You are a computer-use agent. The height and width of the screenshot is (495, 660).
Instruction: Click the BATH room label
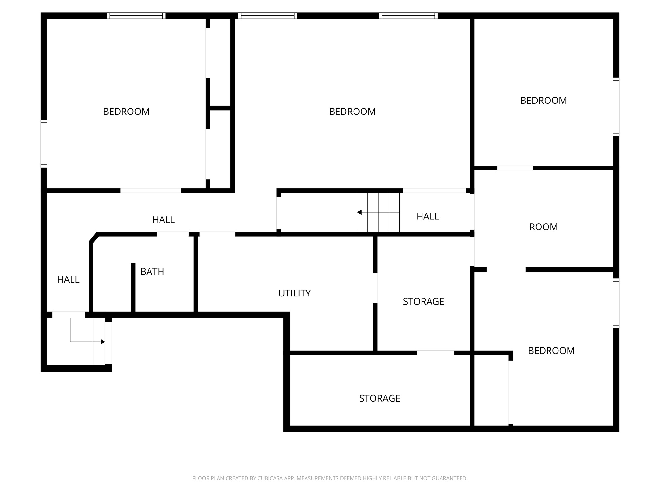tap(152, 272)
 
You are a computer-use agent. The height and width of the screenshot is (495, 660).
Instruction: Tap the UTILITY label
tap(295, 293)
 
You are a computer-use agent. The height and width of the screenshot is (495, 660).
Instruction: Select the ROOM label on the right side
tap(543, 227)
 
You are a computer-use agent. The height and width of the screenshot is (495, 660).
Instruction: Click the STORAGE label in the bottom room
tap(380, 398)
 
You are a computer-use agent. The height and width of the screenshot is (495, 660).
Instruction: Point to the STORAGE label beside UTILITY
tap(423, 301)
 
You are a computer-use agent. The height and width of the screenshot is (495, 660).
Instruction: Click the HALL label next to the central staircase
tap(428, 216)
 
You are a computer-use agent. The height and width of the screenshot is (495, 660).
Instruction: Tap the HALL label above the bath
tap(163, 220)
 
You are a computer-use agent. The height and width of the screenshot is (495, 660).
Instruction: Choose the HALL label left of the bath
tap(68, 279)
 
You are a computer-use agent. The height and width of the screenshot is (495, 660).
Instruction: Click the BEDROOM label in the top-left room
tap(126, 112)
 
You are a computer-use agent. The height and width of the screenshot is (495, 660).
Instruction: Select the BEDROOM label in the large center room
tap(352, 112)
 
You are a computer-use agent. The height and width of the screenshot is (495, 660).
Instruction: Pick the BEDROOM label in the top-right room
tap(543, 101)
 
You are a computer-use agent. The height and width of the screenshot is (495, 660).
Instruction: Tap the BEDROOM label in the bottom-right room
tap(551, 351)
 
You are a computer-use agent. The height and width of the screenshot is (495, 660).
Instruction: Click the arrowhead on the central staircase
tap(359, 212)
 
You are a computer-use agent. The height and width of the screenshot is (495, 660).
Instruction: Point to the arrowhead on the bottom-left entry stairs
tap(103, 342)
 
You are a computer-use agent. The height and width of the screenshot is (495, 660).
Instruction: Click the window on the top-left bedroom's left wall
tap(44, 144)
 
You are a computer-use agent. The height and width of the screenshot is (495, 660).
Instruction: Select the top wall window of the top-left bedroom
tap(136, 16)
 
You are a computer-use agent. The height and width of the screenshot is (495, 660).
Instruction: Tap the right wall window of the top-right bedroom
tap(616, 107)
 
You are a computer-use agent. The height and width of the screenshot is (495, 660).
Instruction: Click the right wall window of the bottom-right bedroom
tap(616, 303)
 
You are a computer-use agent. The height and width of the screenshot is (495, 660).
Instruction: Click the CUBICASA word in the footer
tap(270, 478)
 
